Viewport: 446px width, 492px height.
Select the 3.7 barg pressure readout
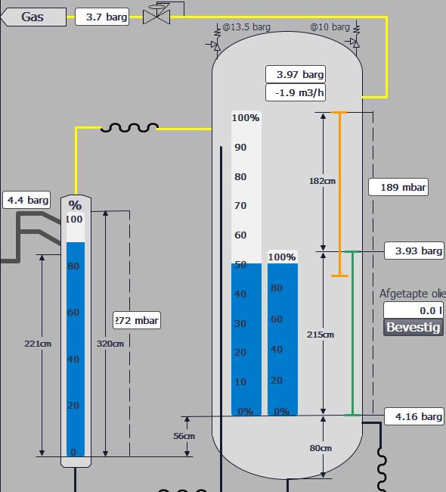[102, 17]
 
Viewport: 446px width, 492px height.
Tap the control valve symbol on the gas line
[157, 14]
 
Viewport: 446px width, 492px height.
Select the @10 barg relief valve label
[330, 27]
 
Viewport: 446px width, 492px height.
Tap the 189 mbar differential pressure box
[398, 188]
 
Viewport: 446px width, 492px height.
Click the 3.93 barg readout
[414, 251]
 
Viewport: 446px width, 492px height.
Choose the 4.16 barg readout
[414, 416]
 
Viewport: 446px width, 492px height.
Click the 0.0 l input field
[413, 310]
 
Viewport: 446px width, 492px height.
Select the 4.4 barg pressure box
[28, 201]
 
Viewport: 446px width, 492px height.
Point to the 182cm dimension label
[322, 181]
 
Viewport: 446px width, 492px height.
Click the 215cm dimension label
[321, 335]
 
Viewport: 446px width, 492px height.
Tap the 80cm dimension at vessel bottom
[321, 448]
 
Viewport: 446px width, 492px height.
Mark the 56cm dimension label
[184, 436]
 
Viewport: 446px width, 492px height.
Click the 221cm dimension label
[38, 344]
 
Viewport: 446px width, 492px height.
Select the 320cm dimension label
[110, 344]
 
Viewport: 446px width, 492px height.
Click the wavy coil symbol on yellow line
[129, 128]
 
